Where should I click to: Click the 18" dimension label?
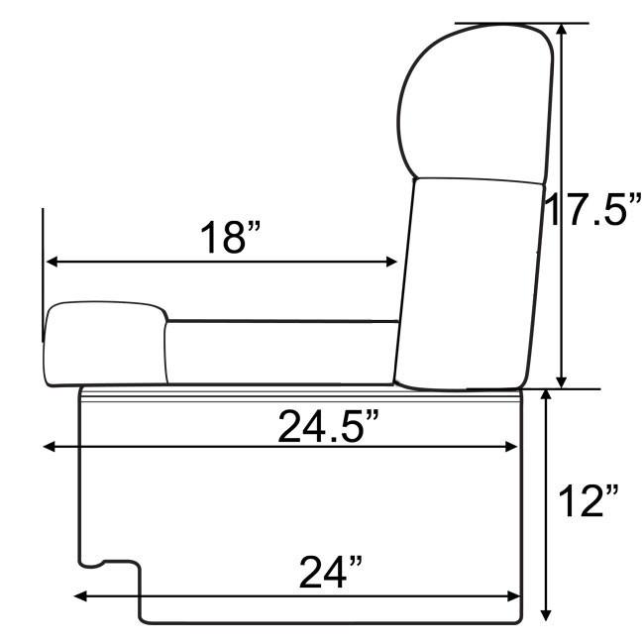230,238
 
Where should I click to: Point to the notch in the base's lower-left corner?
109,565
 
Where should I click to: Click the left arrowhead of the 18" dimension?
52,262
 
